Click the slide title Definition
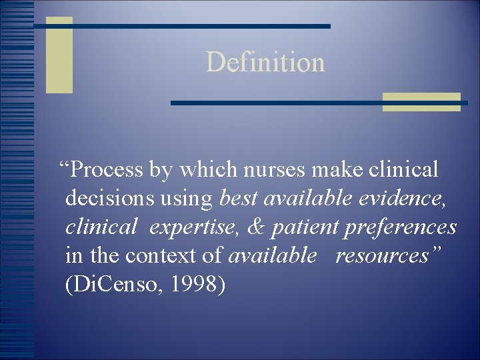point(265,62)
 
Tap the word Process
point(106,170)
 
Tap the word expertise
point(192,227)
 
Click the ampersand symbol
point(255,227)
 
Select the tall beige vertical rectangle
point(59,55)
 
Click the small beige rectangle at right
point(421,102)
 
